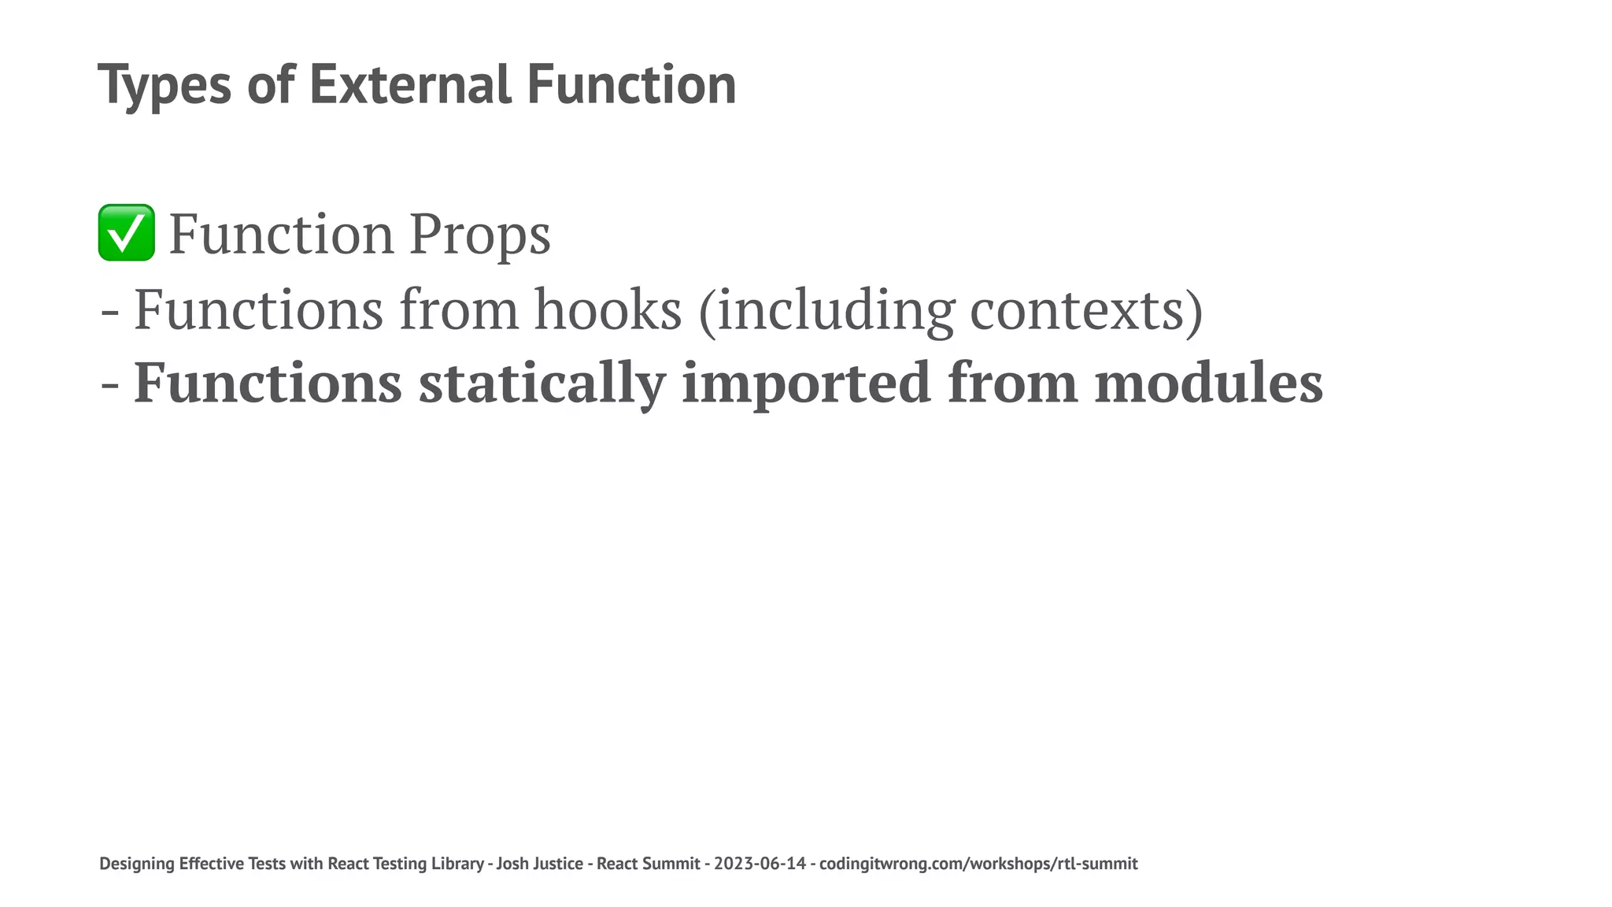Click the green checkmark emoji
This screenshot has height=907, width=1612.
[x=126, y=233]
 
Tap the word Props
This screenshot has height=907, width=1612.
[x=479, y=234]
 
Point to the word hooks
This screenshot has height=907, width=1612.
[x=608, y=309]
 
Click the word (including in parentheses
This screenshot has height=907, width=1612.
[x=826, y=309]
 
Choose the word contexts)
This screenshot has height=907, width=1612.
[x=1086, y=309]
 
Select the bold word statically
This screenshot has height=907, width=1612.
[x=542, y=383]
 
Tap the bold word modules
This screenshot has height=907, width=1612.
[x=1209, y=383]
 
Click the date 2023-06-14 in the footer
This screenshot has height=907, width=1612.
[x=760, y=864]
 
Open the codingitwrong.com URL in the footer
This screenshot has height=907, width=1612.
[x=978, y=864]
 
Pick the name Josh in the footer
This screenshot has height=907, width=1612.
[x=512, y=864]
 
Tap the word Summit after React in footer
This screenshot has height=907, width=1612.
[x=671, y=864]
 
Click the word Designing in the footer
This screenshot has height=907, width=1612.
[x=137, y=864]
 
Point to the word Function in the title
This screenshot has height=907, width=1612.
[x=631, y=85]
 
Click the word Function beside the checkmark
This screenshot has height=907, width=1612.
[x=281, y=234]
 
